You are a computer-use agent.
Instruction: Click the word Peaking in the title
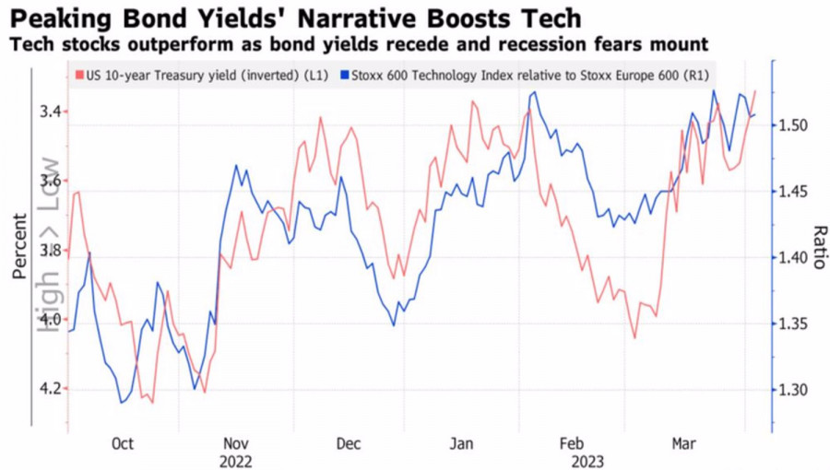[56, 18]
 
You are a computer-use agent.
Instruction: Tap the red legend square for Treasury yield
[79, 75]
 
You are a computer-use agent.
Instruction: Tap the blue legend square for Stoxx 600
[346, 75]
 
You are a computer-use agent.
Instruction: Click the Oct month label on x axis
[123, 444]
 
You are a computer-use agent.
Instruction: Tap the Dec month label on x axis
[348, 444]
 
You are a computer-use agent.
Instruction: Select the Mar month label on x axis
[683, 444]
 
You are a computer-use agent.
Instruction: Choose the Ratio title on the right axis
[816, 246]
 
